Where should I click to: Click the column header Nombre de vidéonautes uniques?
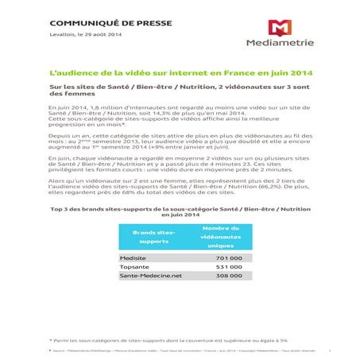click(215, 237)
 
